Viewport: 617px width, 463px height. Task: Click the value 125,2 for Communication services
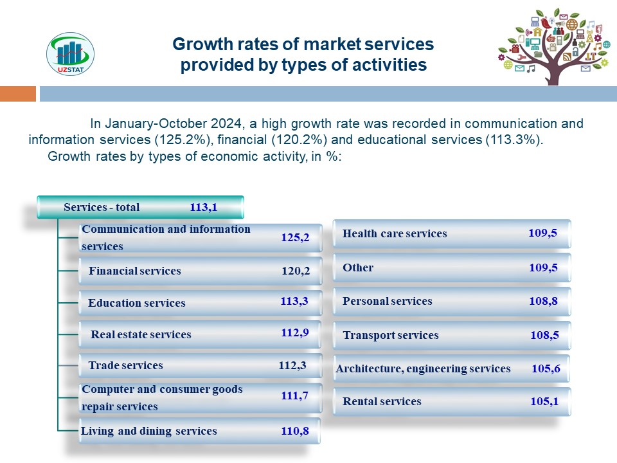(295, 238)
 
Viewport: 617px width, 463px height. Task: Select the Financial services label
(135, 271)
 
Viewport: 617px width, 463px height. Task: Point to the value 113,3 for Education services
(294, 300)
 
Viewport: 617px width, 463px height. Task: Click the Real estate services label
(141, 334)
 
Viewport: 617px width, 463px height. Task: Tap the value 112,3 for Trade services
(291, 365)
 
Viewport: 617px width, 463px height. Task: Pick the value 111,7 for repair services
(295, 396)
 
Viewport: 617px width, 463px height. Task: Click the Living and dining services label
(149, 431)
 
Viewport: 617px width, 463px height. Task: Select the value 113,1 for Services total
(204, 207)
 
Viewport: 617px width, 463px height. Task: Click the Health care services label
(395, 233)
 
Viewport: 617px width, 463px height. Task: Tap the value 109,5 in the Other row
(542, 268)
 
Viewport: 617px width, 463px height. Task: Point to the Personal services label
(388, 301)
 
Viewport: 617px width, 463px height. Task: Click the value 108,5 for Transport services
(544, 335)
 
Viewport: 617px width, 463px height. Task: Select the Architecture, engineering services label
(423, 368)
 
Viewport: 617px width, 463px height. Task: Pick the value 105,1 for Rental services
(544, 401)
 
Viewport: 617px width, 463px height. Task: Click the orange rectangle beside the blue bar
(18, 94)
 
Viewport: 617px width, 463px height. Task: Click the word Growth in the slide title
(197, 44)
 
